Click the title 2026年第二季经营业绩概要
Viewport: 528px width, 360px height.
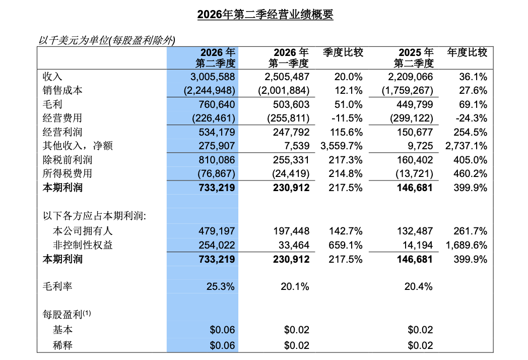point(265,14)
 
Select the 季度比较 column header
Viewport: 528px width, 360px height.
point(343,52)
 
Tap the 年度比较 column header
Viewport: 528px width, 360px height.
point(467,52)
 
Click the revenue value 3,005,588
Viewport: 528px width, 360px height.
point(213,77)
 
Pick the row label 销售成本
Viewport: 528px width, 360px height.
point(62,90)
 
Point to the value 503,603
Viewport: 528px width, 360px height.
point(291,104)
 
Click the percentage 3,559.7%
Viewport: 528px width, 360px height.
point(342,146)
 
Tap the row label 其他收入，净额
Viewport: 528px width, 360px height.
point(78,146)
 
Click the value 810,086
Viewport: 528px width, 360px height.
point(217,160)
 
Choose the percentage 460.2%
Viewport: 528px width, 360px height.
point(470,173)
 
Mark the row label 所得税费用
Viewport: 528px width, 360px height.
point(68,173)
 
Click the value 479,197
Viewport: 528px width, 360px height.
point(217,231)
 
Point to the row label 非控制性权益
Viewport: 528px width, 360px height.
point(83,245)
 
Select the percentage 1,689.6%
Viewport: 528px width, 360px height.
point(466,245)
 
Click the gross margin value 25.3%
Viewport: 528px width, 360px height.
point(220,286)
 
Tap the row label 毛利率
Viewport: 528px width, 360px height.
point(57,286)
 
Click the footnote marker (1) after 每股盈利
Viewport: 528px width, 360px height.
point(87,313)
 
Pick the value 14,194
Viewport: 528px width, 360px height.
point(418,245)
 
